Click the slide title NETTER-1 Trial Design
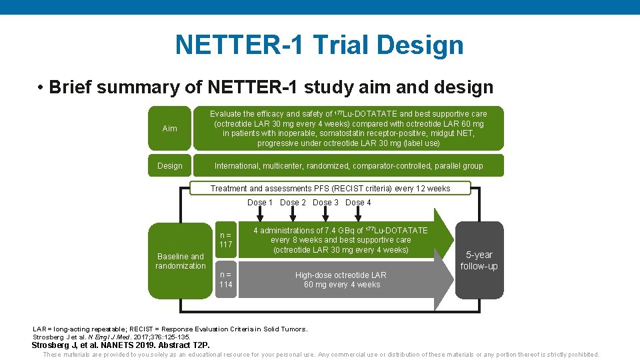(x=319, y=45)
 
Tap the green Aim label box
(x=170, y=128)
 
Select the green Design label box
(x=170, y=165)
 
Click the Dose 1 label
(x=260, y=203)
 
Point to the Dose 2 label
(x=293, y=203)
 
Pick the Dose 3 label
(x=326, y=203)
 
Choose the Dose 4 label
(x=358, y=203)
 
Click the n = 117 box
(x=226, y=239)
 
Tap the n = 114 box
(x=226, y=280)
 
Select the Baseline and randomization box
(x=181, y=261)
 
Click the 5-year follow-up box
(x=479, y=260)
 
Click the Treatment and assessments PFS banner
(x=330, y=189)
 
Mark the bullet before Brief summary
(x=41, y=88)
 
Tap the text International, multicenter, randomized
(x=349, y=165)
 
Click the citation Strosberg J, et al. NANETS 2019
(x=121, y=345)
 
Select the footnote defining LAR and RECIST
(x=170, y=329)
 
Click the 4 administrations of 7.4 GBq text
(x=341, y=240)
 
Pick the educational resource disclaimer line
(x=321, y=355)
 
